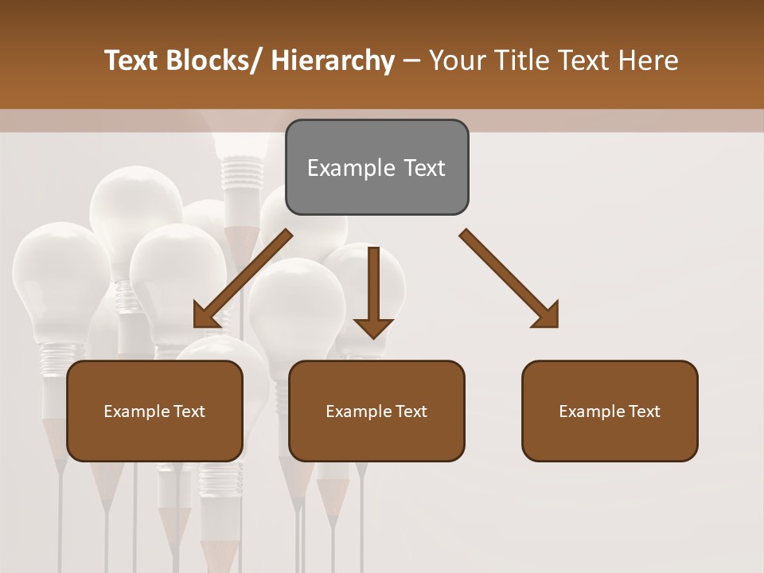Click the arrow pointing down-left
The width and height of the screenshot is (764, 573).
point(243,279)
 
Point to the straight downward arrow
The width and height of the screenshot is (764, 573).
point(373,290)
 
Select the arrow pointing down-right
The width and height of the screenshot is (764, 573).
point(509,279)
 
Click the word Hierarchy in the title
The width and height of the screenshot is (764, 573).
point(333,60)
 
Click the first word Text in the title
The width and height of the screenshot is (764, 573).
point(134,60)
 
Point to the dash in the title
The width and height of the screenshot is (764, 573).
point(411,61)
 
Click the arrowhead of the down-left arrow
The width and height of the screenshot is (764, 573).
point(205,316)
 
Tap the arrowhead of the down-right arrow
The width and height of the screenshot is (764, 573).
point(547,316)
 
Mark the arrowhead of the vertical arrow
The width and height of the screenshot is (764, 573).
point(373,327)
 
